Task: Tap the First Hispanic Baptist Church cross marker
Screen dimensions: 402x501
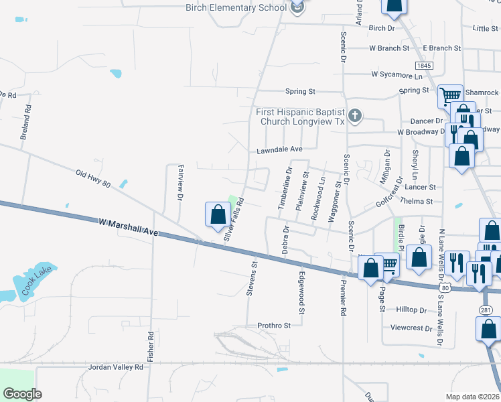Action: [355, 117]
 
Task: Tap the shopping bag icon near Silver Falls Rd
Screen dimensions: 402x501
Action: [218, 215]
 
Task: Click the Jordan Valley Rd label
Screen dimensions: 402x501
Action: [115, 367]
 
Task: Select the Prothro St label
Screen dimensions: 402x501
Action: [274, 326]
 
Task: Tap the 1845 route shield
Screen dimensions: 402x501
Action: [423, 66]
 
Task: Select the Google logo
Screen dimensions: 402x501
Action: [22, 394]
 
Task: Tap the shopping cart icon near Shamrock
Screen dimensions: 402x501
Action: [449, 96]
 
